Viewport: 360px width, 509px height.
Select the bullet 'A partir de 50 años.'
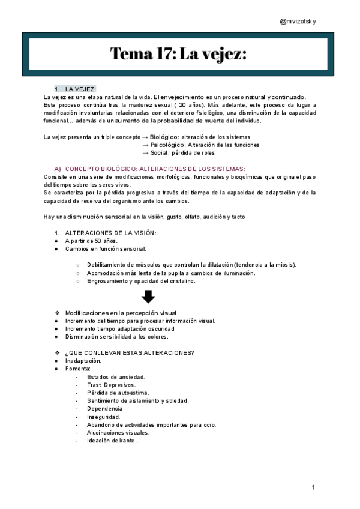[x=92, y=241]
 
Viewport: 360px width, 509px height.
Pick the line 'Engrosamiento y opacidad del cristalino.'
[x=141, y=280]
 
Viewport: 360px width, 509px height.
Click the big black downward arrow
[x=148, y=296]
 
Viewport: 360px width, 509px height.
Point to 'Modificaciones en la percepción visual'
[x=121, y=313]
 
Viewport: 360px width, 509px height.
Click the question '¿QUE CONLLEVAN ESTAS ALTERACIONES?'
[x=129, y=352]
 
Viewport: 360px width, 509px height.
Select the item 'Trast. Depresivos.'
[x=111, y=385]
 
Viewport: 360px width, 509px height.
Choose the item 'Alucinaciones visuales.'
[x=118, y=432]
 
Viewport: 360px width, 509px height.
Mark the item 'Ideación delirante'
[x=112, y=441]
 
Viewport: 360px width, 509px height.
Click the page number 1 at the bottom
[x=314, y=487]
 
